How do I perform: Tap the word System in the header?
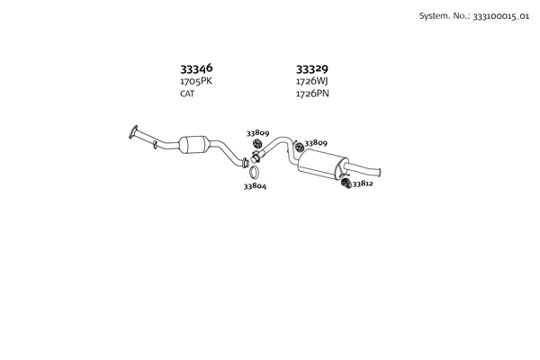click(x=435, y=16)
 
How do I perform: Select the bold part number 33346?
click(x=196, y=68)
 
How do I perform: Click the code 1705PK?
click(x=196, y=81)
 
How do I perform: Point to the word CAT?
click(x=187, y=94)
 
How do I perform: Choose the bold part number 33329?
click(x=311, y=68)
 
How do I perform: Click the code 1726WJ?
click(x=311, y=81)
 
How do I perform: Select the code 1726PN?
click(x=311, y=94)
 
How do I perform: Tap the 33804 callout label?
click(x=255, y=186)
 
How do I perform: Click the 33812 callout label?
click(x=362, y=184)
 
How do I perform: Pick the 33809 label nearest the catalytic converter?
click(x=257, y=133)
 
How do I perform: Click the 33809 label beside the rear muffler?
click(x=316, y=143)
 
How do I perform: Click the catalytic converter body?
click(x=196, y=145)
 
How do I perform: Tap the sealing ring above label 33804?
click(x=255, y=172)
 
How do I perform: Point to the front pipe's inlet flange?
click(x=133, y=133)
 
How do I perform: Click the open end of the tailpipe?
click(x=382, y=170)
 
